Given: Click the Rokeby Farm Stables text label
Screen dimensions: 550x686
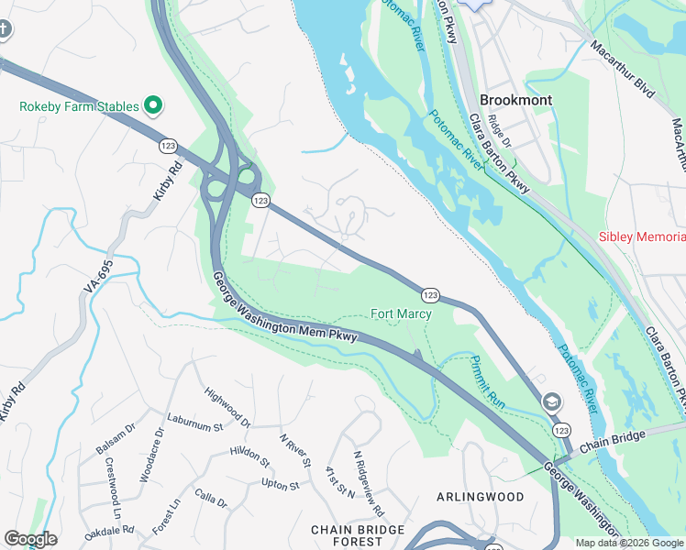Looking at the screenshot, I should [79, 106].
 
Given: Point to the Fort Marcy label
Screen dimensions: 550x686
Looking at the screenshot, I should [401, 313].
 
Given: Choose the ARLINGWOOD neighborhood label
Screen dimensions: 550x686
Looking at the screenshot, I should [480, 497].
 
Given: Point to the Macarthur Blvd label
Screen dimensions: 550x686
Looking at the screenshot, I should [624, 70].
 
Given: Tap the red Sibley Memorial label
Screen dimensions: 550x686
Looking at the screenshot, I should [641, 236].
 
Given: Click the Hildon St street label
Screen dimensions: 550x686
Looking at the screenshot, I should [249, 452].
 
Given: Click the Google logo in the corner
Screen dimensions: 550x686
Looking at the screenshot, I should [30, 539].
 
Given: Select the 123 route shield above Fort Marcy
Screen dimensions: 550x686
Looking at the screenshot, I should [430, 294].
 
